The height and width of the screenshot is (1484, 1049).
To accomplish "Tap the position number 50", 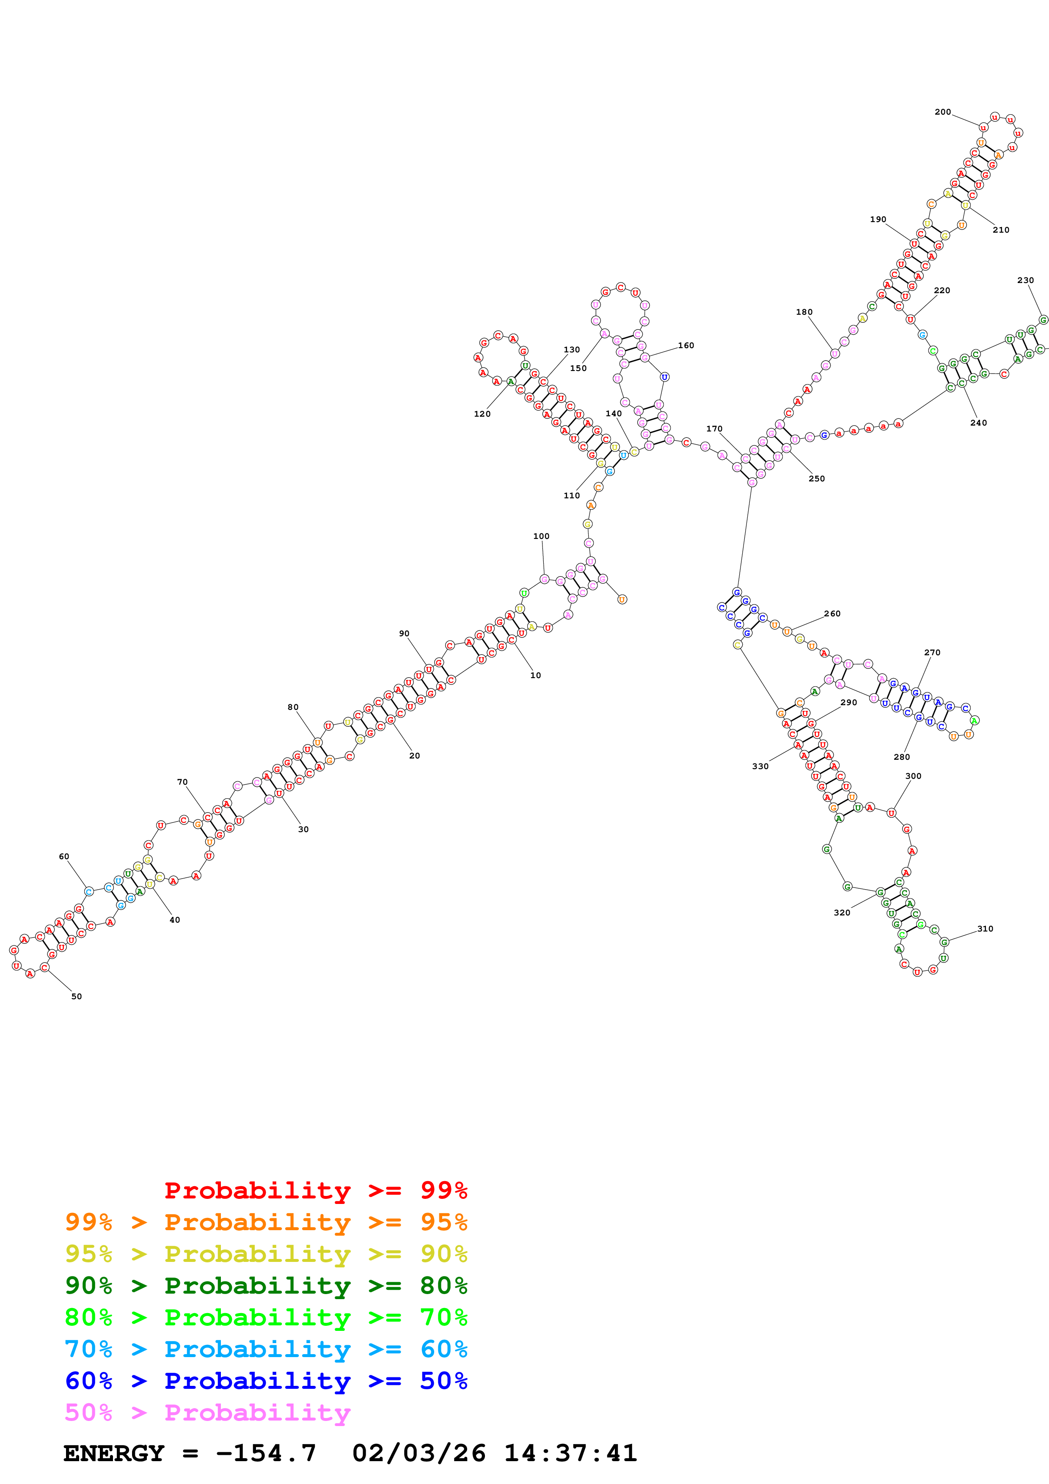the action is pos(76,996).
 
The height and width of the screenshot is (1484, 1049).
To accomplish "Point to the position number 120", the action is pos(482,414).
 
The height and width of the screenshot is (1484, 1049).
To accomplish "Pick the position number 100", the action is pos(541,536).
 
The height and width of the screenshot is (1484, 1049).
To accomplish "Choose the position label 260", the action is pos(832,613).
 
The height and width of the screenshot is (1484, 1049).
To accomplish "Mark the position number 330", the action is pos(760,766).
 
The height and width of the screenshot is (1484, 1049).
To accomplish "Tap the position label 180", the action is pos(804,311).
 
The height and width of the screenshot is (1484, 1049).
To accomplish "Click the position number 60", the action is pos(64,856).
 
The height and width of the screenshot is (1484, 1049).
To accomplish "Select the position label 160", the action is pos(686,345).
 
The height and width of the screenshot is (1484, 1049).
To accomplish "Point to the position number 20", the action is pos(414,755).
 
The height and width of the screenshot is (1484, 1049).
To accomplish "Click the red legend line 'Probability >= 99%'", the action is pos(315,1190).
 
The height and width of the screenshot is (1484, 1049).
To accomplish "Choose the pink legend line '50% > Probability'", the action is pos(207,1412).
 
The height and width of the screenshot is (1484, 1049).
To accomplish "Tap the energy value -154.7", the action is pos(266,1453).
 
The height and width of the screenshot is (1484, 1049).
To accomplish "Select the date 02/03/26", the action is pos(419,1453).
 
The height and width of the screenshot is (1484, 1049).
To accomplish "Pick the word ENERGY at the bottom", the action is pos(114,1453).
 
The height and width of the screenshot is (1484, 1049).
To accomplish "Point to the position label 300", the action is pos(913,775).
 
